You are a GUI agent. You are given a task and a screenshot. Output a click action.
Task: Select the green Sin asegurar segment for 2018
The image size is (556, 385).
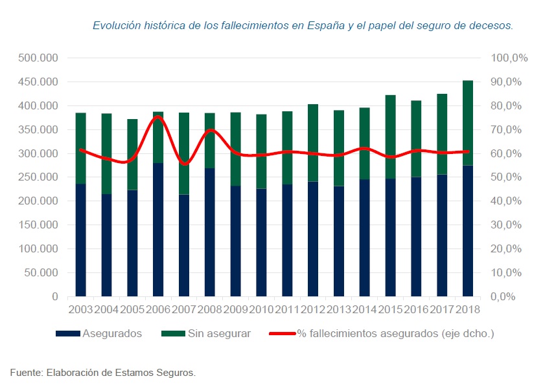coord(468,123)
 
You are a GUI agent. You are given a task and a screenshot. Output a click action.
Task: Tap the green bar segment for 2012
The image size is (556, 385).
coord(313,142)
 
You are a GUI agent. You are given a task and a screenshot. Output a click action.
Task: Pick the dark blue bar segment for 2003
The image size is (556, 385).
coord(81,240)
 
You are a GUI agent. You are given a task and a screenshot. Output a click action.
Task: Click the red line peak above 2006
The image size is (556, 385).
coord(157,117)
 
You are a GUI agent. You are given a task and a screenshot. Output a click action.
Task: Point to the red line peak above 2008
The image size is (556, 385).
coord(211,130)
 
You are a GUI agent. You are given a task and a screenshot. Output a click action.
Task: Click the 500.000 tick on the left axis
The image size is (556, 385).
coord(39,58)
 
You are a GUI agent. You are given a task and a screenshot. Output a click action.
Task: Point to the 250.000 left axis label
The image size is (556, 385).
coord(39,177)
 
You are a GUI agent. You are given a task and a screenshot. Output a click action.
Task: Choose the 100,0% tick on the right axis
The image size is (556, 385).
coord(511,58)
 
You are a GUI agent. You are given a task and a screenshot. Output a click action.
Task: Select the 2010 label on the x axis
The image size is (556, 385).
coord(261,309)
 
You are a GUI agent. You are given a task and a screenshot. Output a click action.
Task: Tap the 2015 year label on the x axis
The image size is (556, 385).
coord(390,309)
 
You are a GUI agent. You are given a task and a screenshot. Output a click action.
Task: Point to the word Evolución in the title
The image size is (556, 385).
coord(115,26)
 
